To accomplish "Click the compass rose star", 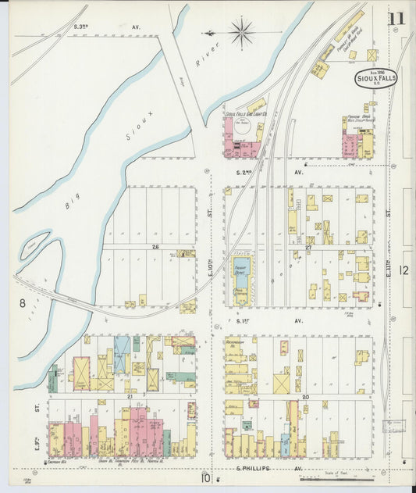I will click(x=241, y=33).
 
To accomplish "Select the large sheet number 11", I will click(x=398, y=19).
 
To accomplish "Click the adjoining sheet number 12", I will click(x=403, y=270).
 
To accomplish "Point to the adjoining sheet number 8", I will click(x=23, y=302).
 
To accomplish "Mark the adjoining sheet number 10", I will click(x=205, y=478).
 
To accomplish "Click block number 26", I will click(x=155, y=247).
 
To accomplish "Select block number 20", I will click(x=307, y=396).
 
